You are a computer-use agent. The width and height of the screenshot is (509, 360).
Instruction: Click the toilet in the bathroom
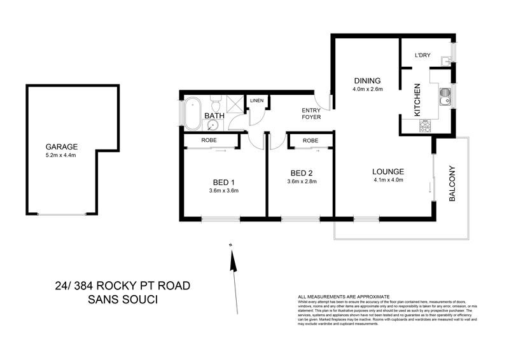coord(215,104)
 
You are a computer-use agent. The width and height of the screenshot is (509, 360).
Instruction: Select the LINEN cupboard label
coord(256,101)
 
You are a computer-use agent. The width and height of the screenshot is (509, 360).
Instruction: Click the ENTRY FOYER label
coord(311,114)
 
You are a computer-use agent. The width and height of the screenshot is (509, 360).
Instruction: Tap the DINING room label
coord(367,81)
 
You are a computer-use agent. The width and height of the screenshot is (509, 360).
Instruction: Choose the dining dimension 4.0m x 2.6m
coord(367,90)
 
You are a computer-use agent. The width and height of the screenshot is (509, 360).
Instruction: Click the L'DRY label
coord(422,56)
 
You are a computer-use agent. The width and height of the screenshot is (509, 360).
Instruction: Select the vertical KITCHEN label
coord(418,100)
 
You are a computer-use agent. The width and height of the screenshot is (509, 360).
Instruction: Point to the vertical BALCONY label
coord(453,184)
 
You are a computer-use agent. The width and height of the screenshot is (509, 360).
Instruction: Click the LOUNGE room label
coord(388,171)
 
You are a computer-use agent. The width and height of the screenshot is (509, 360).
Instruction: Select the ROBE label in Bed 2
coord(310,141)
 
